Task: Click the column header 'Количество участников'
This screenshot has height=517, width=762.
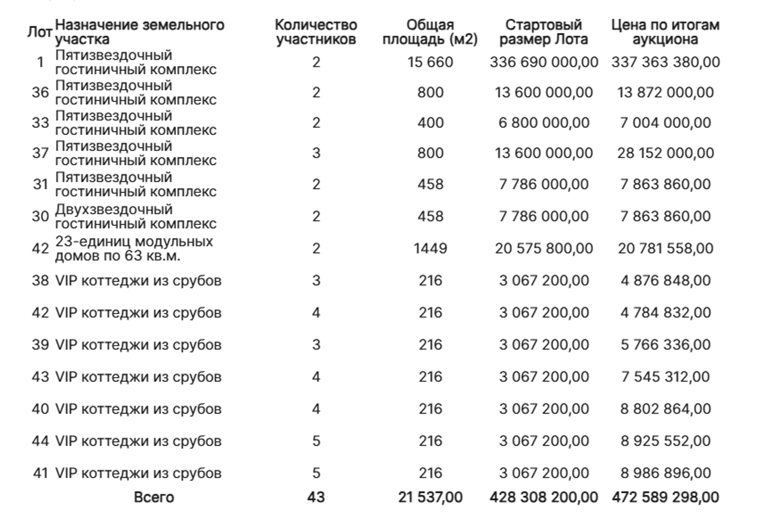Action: (316, 32)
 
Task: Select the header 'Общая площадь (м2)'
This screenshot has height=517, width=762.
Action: (430, 32)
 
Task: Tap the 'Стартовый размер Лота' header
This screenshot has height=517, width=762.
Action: (543, 32)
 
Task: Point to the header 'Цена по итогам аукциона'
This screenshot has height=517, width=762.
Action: (665, 32)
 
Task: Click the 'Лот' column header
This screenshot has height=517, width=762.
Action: (40, 32)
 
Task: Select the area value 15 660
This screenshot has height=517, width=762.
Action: (430, 62)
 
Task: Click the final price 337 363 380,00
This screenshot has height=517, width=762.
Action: (666, 62)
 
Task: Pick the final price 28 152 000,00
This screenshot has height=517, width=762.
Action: (666, 153)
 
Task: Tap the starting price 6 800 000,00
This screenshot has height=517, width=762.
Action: (544, 123)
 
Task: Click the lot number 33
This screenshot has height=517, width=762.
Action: (40, 123)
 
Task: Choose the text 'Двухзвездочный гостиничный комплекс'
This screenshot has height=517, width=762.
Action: (136, 216)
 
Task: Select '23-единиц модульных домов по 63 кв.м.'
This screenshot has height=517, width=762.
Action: (134, 249)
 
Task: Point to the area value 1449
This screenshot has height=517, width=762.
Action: (430, 249)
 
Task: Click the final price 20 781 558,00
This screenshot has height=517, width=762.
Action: (666, 249)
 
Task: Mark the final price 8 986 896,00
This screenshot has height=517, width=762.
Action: (666, 473)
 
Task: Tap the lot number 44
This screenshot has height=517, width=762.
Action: (40, 441)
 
